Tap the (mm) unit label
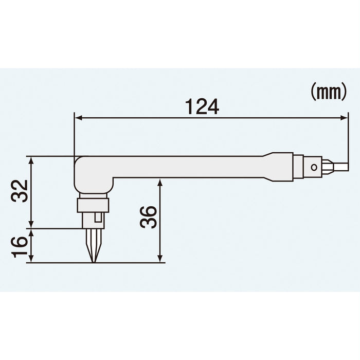coord(328,92)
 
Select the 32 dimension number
coord(19,192)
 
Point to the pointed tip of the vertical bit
coord(94,262)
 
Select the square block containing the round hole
coord(312,167)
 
